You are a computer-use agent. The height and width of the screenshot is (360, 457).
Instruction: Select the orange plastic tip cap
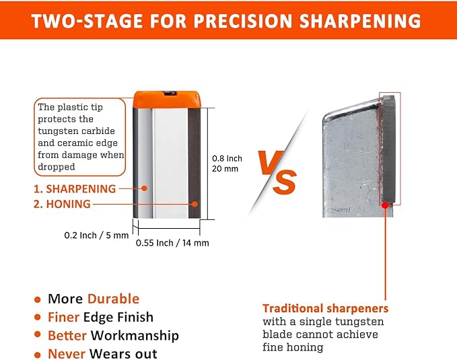point(168,99)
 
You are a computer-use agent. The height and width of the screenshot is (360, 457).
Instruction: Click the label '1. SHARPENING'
point(75,189)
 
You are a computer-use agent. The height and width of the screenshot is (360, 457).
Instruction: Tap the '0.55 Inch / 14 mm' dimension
point(172,243)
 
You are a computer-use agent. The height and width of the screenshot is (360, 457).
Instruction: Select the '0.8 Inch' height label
point(227,158)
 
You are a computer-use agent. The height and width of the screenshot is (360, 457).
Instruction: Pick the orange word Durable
point(113,299)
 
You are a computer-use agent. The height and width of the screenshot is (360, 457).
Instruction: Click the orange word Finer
point(63,317)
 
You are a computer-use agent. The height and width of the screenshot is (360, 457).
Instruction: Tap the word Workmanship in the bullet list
point(135,335)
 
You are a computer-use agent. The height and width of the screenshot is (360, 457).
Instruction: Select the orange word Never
point(66,353)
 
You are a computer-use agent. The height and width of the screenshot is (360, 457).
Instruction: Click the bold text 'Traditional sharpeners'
point(325,308)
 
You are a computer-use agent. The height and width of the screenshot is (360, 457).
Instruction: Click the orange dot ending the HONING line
point(193,204)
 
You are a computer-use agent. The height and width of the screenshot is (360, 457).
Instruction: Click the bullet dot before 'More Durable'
point(37,299)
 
